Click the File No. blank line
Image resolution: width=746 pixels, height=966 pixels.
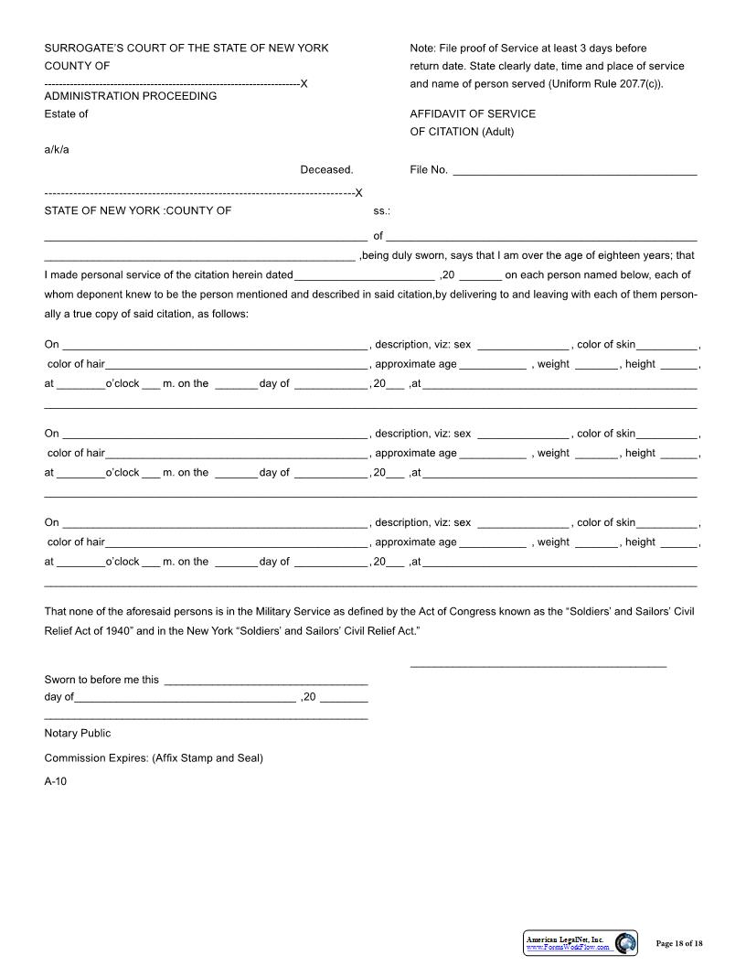[574, 172]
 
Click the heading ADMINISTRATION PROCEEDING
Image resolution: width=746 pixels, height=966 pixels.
[131, 96]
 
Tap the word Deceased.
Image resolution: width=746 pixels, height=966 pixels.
[326, 169]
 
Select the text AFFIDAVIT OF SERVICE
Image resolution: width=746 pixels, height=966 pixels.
[473, 114]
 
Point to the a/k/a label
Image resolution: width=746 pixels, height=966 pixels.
[57, 150]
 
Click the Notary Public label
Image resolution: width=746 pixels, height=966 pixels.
[78, 733]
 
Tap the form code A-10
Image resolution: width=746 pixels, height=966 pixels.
[56, 781]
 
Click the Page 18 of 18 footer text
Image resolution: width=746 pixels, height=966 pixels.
[679, 943]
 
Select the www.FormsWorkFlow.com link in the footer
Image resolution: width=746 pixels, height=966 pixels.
[568, 947]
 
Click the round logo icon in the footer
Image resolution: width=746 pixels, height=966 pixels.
[626, 943]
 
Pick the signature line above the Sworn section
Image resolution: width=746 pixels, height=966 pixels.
[538, 665]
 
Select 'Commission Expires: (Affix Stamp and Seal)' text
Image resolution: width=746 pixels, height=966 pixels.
[154, 757]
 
